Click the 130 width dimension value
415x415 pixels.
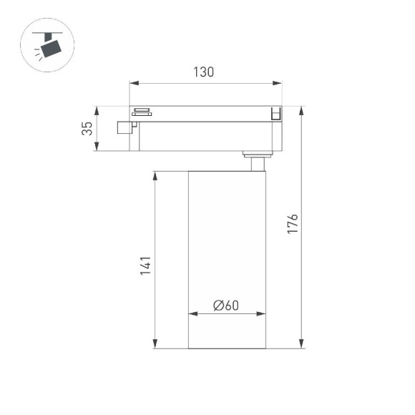204,72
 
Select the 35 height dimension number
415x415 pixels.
87,129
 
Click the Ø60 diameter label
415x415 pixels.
225,305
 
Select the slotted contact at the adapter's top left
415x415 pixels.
141,111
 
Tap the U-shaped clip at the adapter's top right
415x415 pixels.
275,113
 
